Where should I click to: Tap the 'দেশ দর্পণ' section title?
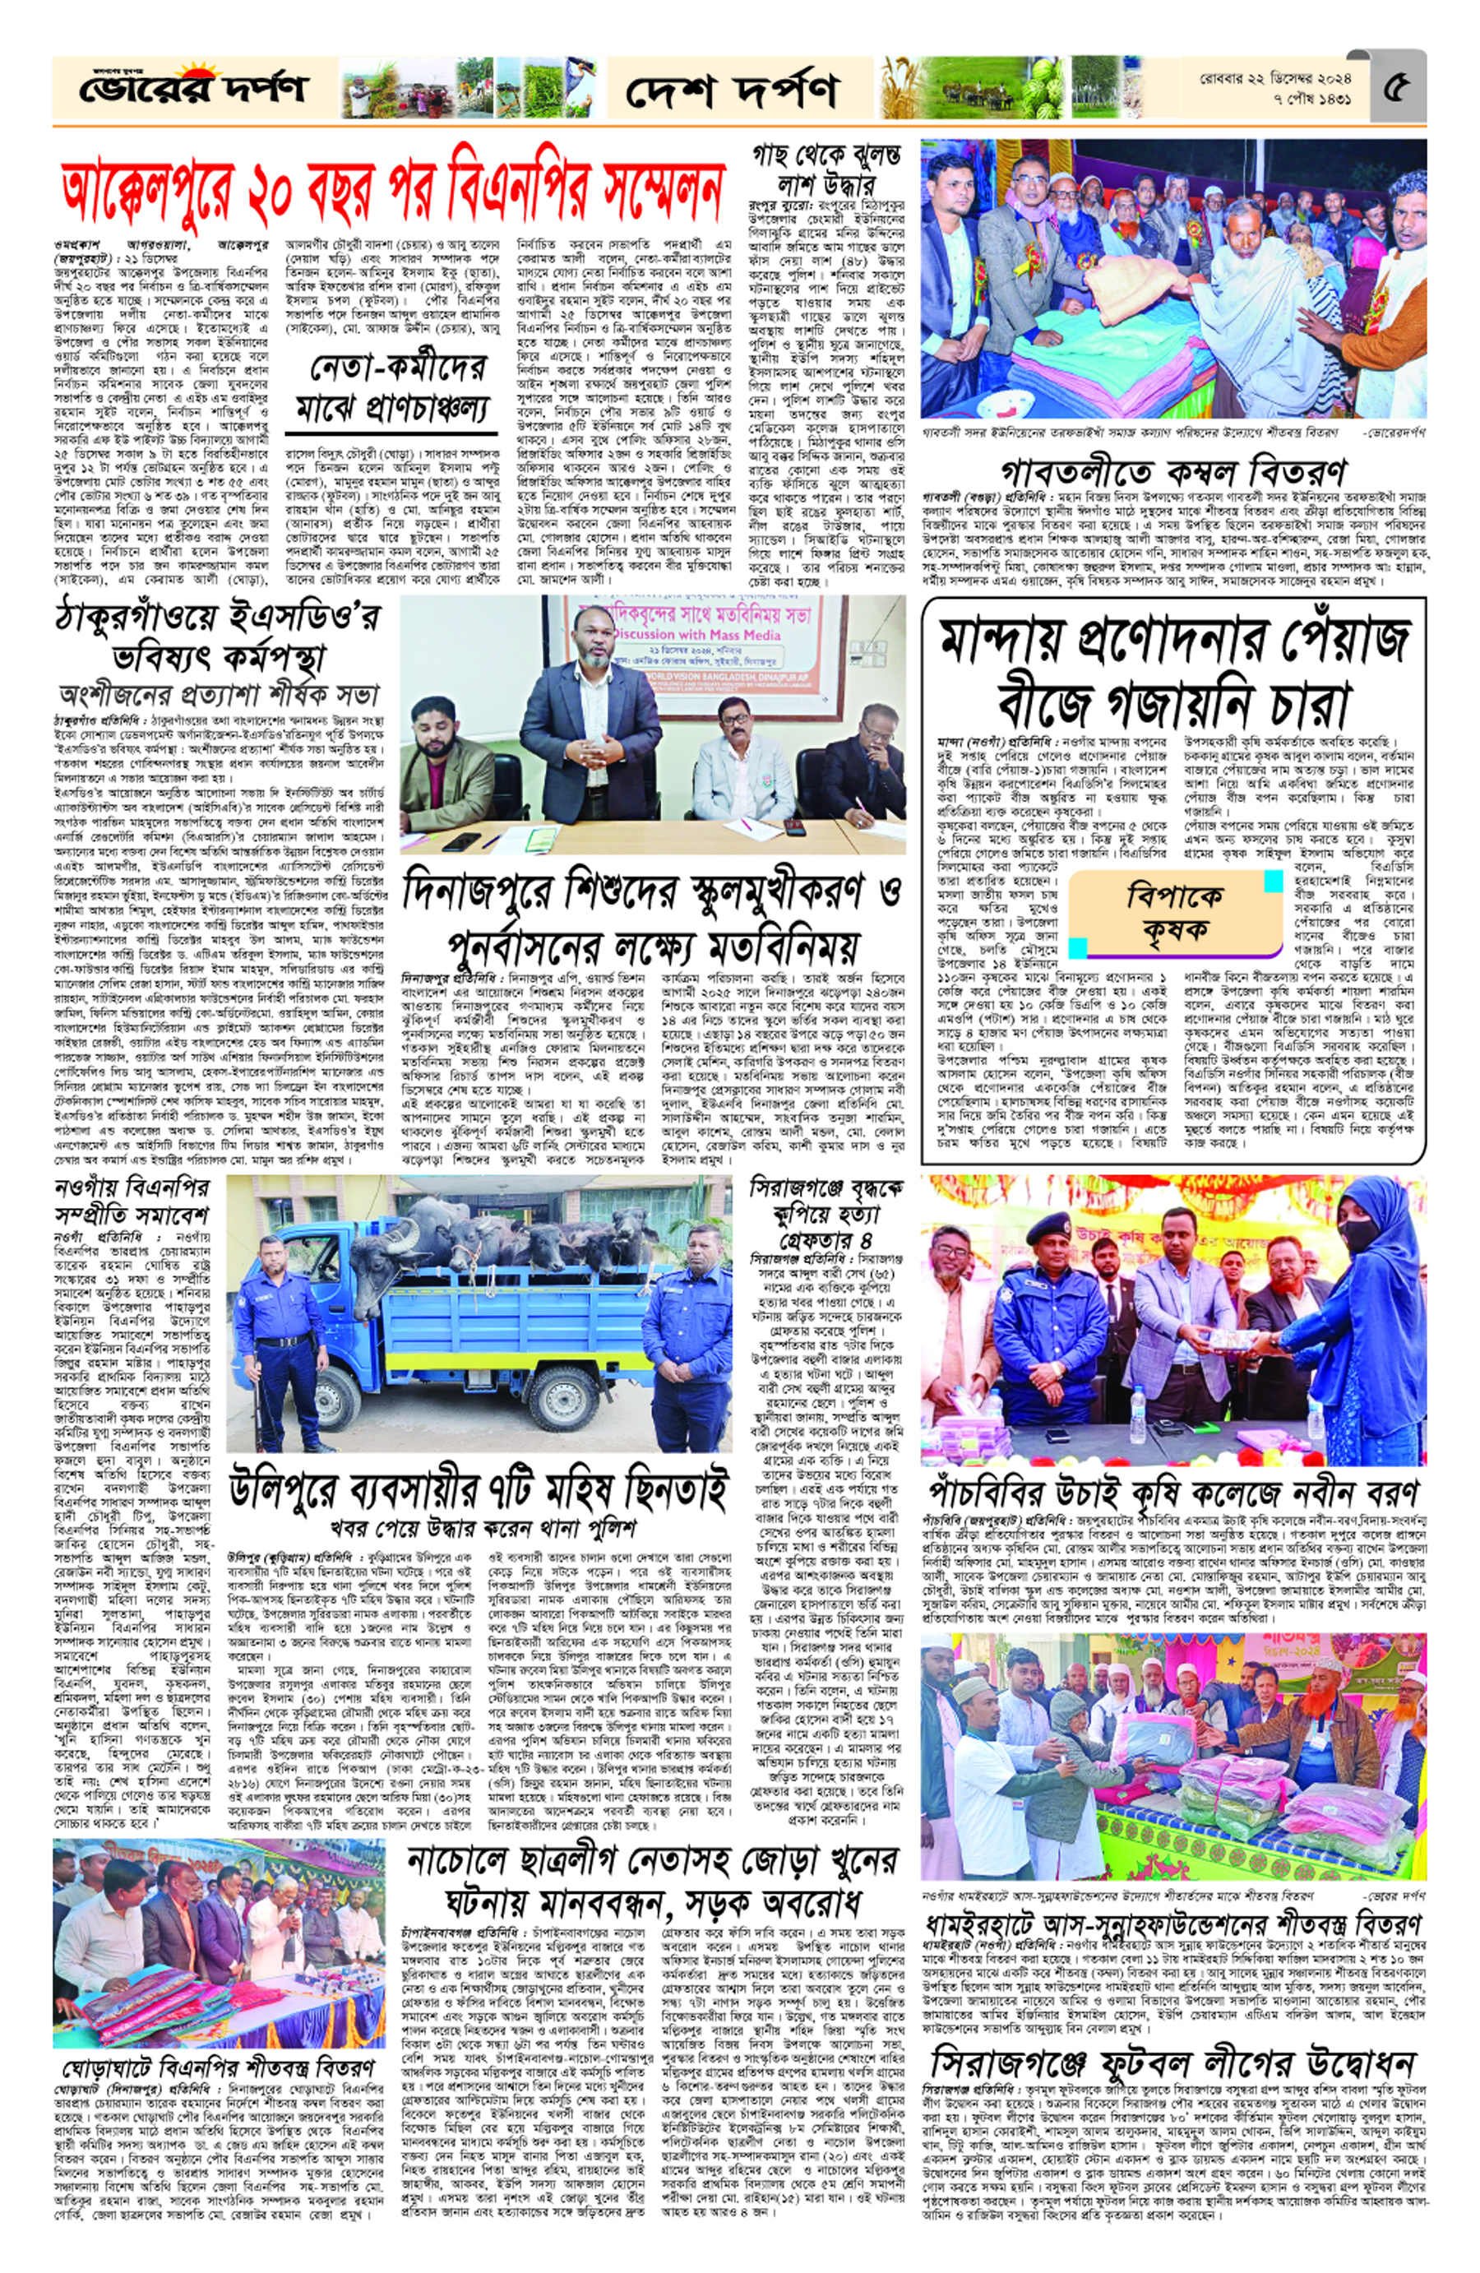click(x=733, y=90)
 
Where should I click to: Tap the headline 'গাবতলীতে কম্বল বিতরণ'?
click(x=1173, y=472)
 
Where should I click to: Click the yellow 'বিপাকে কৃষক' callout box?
click(x=1173, y=911)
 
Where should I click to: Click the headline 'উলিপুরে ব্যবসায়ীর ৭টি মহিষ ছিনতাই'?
click(x=478, y=1493)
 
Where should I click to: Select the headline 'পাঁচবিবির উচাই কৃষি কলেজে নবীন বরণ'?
click(x=1173, y=1491)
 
